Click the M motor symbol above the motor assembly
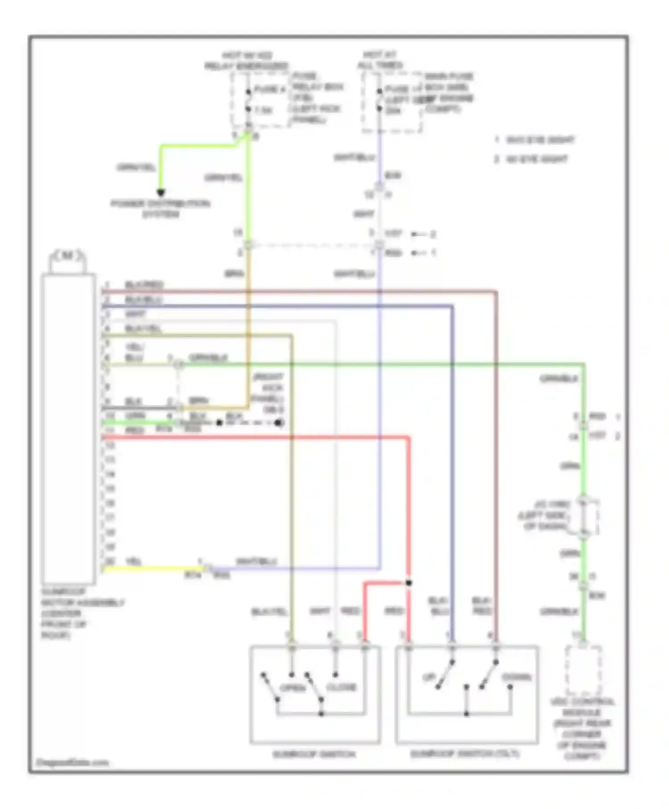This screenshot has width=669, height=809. click(67, 256)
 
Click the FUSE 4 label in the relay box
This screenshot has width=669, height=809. click(269, 90)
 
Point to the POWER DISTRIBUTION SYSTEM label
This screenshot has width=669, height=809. click(161, 209)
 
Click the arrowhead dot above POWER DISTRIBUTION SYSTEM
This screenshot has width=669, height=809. click(161, 193)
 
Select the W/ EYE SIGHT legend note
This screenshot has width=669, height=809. click(532, 159)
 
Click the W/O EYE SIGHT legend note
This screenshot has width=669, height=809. click(535, 140)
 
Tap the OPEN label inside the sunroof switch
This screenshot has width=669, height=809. click(293, 688)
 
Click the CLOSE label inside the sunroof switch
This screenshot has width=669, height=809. click(342, 687)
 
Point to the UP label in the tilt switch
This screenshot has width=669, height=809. click(429, 677)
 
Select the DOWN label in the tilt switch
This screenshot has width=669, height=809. click(517, 677)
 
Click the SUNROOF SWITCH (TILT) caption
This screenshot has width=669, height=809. click(465, 754)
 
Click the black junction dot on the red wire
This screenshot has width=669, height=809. click(409, 582)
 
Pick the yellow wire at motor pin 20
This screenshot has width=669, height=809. click(152, 568)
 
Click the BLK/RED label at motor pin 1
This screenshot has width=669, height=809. click(144, 285)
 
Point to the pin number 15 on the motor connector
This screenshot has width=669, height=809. click(110, 489)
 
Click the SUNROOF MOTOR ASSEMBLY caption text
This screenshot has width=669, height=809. click(83, 613)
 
